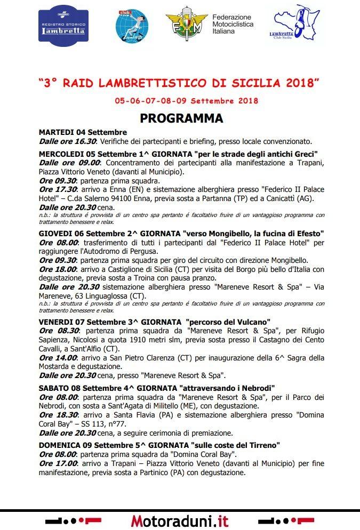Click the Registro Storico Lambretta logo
63,26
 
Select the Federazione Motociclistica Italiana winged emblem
187,24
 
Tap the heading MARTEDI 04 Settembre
83,132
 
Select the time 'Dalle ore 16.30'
67,141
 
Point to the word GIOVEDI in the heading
55,234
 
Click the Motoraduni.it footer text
180,520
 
